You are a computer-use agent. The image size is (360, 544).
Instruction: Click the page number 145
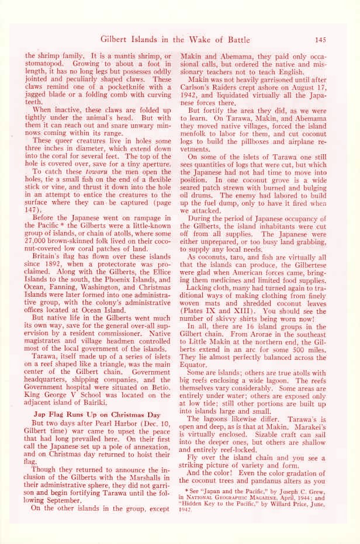320,40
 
